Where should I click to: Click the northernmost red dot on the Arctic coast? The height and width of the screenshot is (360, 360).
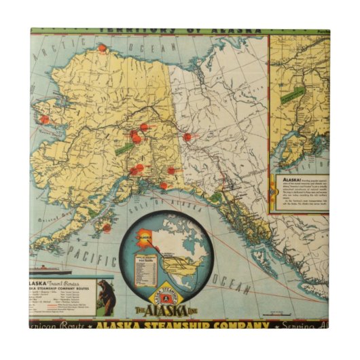pyautogui.click(x=102, y=48)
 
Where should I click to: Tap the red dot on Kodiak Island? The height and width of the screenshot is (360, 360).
pyautogui.click(x=107, y=228)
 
